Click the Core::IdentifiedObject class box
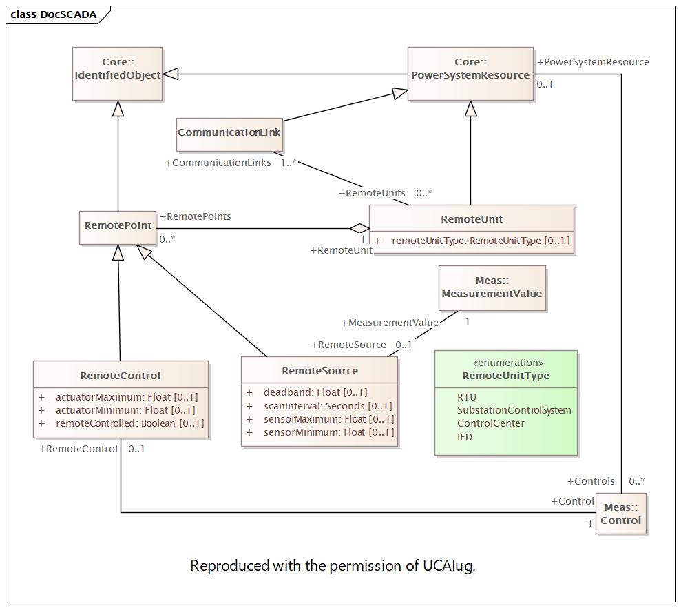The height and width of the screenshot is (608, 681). pyautogui.click(x=117, y=74)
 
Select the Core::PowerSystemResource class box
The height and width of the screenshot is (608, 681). pyautogui.click(x=470, y=74)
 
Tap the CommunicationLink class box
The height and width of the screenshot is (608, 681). pyautogui.click(x=229, y=134)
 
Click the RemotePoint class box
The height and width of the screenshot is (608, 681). pyautogui.click(x=118, y=228)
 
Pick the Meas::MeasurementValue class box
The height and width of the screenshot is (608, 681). pyautogui.click(x=492, y=288)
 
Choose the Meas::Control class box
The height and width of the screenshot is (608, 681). pyautogui.click(x=620, y=514)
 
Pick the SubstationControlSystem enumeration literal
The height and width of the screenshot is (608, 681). pyautogui.click(x=514, y=410)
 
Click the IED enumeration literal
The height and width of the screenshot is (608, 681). pyautogui.click(x=464, y=437)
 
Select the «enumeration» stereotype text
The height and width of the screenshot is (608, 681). pyautogui.click(x=507, y=363)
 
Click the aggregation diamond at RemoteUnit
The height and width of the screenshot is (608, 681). pyautogui.click(x=359, y=228)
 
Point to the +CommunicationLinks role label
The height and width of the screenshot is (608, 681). pyautogui.click(x=218, y=163)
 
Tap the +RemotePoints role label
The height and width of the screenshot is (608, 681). pyautogui.click(x=196, y=216)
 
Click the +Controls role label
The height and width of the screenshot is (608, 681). pyautogui.click(x=591, y=481)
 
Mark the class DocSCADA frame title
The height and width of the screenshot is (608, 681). pyautogui.click(x=54, y=14)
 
